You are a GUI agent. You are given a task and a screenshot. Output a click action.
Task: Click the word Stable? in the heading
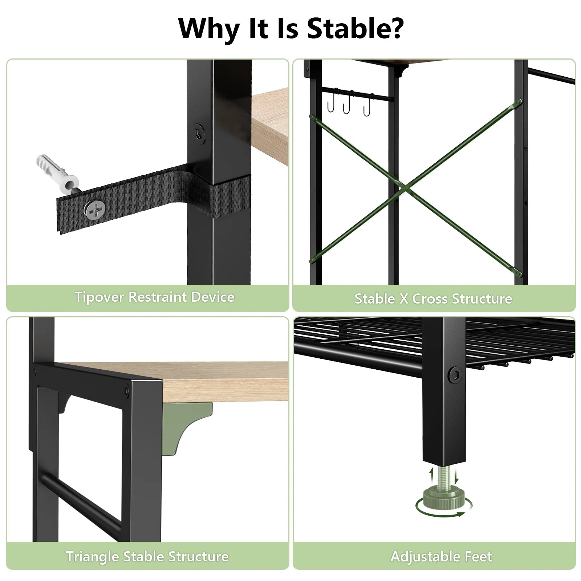pyautogui.click(x=355, y=28)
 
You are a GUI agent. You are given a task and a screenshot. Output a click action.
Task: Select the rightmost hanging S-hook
pyautogui.click(x=368, y=105)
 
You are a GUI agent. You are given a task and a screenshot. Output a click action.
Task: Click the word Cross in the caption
pyautogui.click(x=429, y=298)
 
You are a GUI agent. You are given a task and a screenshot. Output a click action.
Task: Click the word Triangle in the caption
pyautogui.click(x=92, y=556)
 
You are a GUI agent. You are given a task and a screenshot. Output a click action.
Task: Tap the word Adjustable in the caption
pyautogui.click(x=420, y=557)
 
